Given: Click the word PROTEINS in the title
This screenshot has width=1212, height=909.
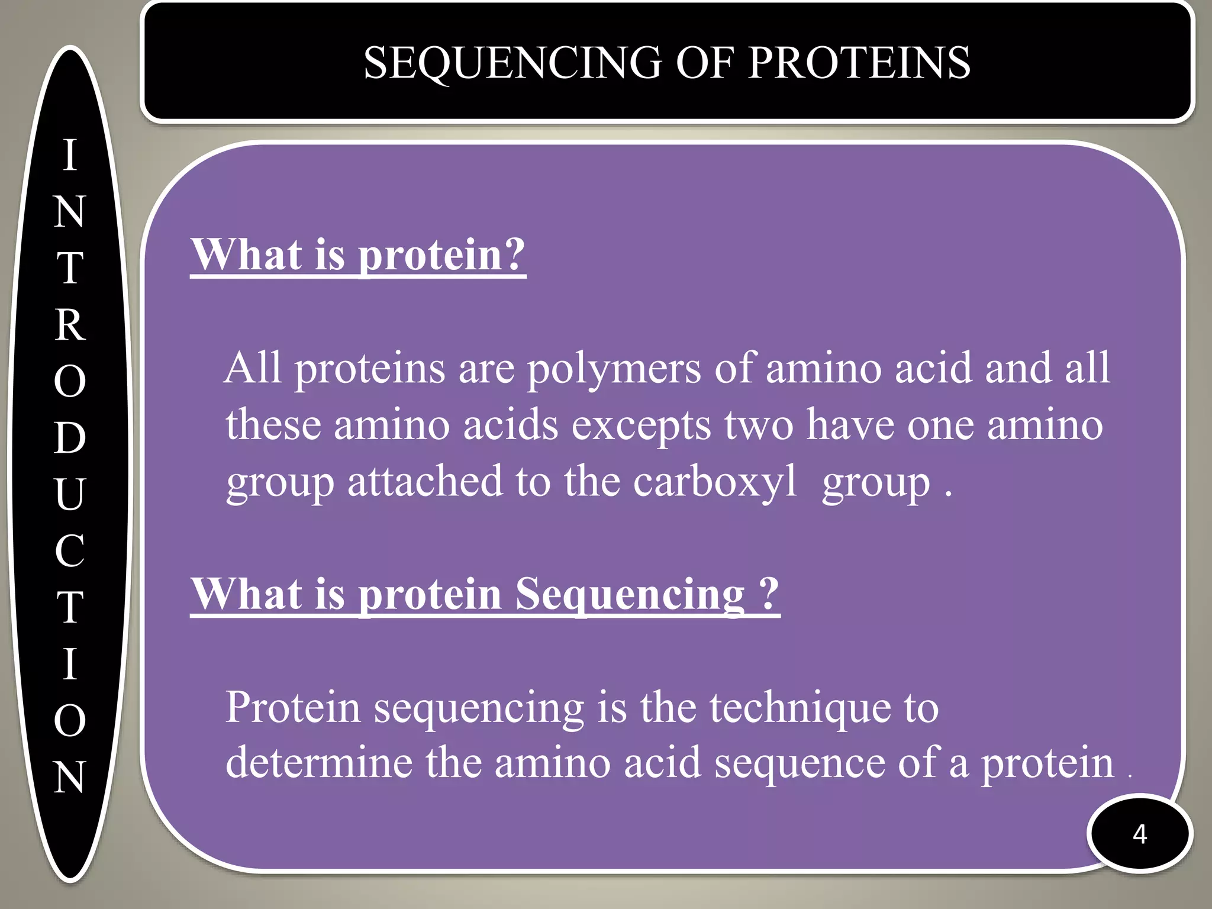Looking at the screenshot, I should point(859,63).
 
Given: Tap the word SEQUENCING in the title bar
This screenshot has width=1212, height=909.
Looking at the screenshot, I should point(512,63).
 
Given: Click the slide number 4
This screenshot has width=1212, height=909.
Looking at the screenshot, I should point(1139,834).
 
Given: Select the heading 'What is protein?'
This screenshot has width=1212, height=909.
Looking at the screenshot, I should point(358,255).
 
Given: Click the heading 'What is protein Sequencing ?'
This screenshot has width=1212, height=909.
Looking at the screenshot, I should point(485,594).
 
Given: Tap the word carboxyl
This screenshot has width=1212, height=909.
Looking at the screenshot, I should point(715,482).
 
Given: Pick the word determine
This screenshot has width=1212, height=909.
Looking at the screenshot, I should point(319,763).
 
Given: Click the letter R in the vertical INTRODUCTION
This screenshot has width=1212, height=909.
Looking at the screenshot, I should point(70,325).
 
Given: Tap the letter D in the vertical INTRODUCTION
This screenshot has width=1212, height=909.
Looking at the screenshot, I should point(70,438).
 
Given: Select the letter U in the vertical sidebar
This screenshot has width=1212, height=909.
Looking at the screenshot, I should point(70,494).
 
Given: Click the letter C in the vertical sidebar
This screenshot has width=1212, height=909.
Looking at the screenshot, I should point(70,550).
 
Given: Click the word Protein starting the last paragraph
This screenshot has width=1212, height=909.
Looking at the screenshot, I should point(293,708).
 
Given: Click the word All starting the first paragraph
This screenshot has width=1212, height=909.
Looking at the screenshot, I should point(253,368).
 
